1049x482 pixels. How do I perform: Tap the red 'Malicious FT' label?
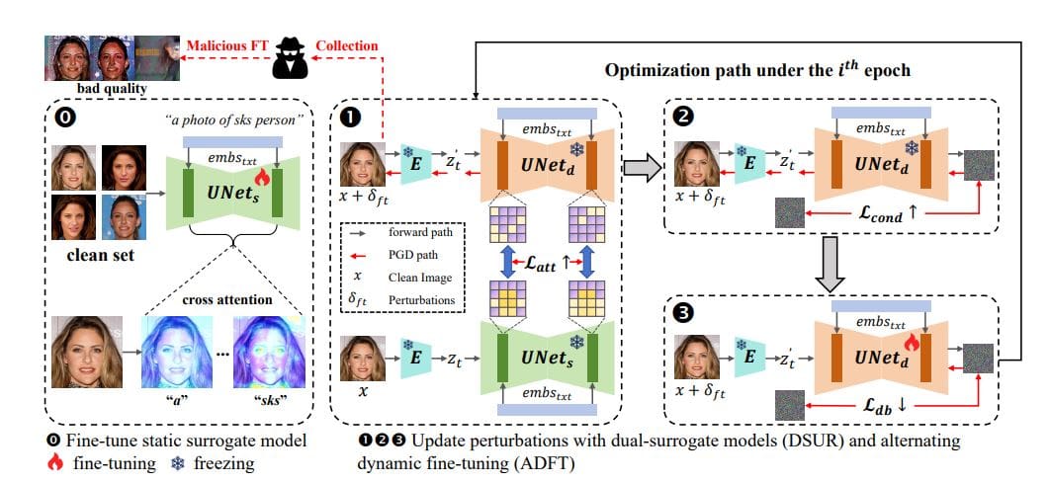pyautogui.click(x=226, y=44)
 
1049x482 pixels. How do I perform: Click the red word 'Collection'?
pyautogui.click(x=346, y=44)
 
